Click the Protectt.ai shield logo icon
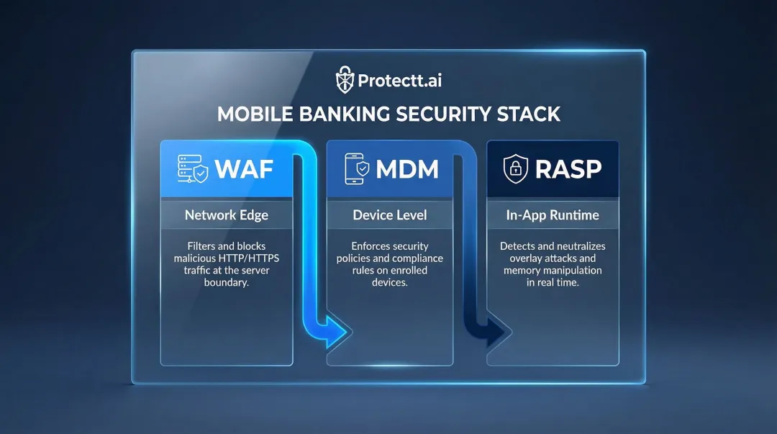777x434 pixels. [x=346, y=78]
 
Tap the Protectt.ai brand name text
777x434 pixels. [x=400, y=79]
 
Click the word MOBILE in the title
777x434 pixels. [x=253, y=114]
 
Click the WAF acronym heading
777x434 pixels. [x=245, y=168]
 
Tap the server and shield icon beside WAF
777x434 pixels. [x=194, y=168]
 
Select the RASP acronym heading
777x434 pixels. [x=568, y=168]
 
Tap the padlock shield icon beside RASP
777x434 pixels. [x=515, y=169]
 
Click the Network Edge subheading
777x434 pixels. [x=226, y=214]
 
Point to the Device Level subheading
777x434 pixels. [x=389, y=214]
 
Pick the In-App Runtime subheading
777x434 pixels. [x=553, y=214]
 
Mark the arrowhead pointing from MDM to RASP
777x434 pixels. [x=501, y=333]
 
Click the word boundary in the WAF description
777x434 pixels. [x=226, y=282]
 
